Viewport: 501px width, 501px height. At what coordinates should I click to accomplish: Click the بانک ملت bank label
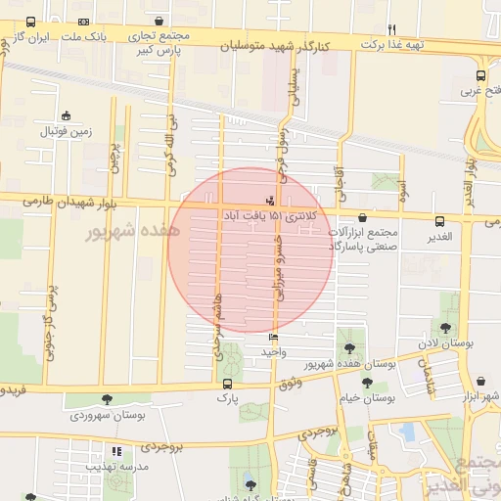coord(82,36)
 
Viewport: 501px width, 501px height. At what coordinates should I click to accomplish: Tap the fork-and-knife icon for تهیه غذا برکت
coord(391,29)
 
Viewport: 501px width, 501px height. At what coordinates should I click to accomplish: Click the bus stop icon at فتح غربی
coord(480,75)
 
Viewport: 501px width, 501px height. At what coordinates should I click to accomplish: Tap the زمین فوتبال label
coord(65,130)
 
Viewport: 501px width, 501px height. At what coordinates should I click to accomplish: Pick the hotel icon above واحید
coord(272,338)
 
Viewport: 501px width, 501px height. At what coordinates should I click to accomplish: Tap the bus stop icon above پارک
coord(227,384)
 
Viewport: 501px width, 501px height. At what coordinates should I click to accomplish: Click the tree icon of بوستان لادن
coord(446,328)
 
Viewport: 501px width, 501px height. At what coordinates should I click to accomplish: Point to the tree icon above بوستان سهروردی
coord(107,399)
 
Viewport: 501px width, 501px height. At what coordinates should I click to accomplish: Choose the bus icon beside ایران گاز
coord(30,22)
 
